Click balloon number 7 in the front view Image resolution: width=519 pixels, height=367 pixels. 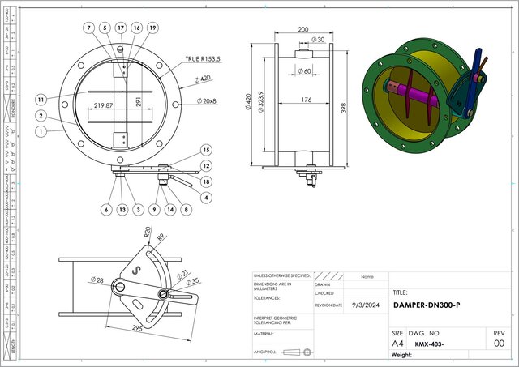click(88, 28)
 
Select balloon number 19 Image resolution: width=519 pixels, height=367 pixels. click(152, 28)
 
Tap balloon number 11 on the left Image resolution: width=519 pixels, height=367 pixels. click(40, 99)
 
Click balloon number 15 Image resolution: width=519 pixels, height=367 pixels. click(206, 150)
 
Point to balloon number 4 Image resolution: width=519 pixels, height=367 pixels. click(206, 197)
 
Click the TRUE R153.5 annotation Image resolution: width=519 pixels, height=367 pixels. click(204, 59)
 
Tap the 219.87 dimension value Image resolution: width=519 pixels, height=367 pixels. click(104, 105)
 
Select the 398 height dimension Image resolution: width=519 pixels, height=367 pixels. click(344, 105)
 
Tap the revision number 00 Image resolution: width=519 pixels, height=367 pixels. click(500, 344)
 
